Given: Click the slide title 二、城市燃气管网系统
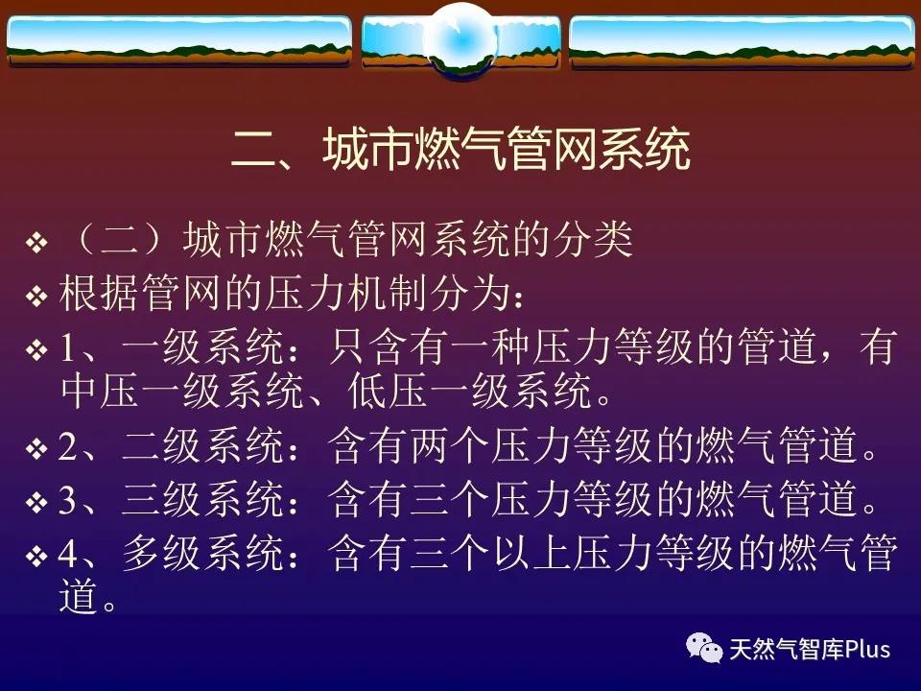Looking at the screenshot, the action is (460, 150).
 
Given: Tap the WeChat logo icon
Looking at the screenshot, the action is (703, 648).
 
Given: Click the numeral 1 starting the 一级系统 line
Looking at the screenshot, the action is (67, 347).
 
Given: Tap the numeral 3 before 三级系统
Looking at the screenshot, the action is (67, 500).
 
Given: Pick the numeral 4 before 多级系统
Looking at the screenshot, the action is (67, 554).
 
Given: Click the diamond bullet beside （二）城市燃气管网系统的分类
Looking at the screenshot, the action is (36, 243).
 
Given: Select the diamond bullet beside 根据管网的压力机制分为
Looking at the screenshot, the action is (36, 296).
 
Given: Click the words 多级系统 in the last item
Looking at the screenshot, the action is (203, 553).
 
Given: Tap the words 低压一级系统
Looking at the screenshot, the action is (470, 392).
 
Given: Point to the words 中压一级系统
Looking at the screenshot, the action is (182, 392).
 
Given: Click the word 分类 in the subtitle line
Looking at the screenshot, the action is (592, 240).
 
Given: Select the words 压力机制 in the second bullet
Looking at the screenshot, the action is (346, 294).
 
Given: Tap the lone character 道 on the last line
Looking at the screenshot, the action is (79, 598).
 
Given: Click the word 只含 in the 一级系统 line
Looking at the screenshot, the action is (367, 347).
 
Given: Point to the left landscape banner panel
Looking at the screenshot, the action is (179, 40).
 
